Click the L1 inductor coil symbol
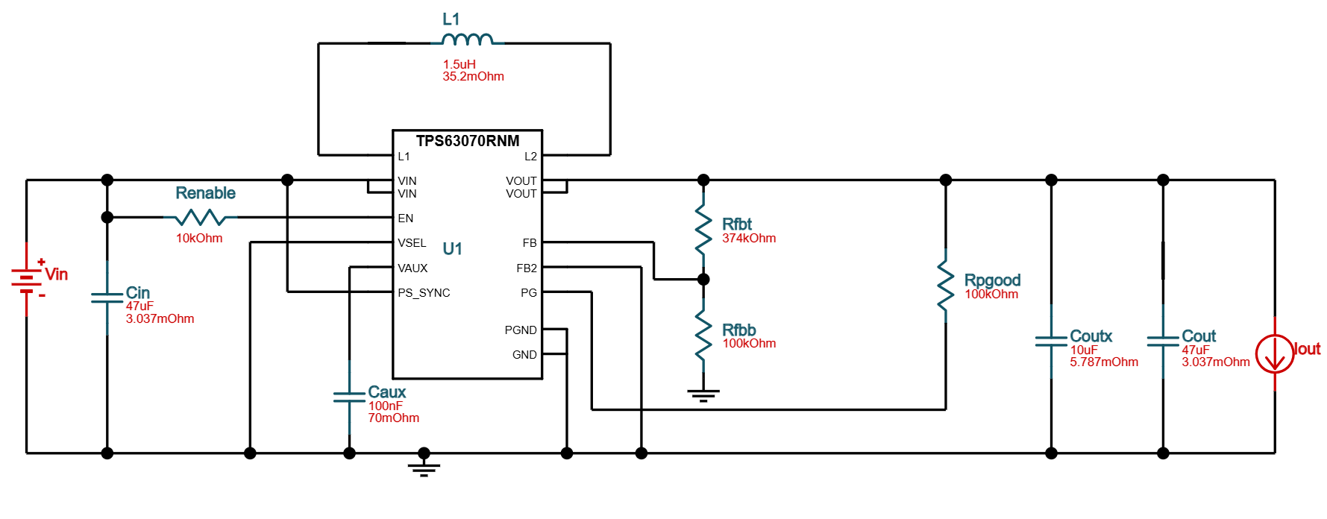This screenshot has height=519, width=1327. tap(468, 40)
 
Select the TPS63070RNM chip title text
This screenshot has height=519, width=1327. tap(468, 141)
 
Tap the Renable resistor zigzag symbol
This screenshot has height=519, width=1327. tap(200, 217)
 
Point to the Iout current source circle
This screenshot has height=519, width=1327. tap(1274, 354)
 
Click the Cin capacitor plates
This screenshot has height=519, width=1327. tap(107, 298)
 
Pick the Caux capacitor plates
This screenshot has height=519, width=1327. tap(349, 397)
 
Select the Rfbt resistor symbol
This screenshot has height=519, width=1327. tap(703, 230)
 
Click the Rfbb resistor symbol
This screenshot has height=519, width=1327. tap(703, 336)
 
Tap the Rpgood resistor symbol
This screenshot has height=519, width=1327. tap(945, 286)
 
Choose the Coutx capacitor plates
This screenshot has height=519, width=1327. tap(1051, 341)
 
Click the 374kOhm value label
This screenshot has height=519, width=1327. tap(749, 239)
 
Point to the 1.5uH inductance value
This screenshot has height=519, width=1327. tap(459, 65)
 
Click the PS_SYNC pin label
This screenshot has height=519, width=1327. tap(424, 293)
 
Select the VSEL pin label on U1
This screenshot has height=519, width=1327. tap(412, 243)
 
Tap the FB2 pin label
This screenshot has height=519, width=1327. tap(526, 268)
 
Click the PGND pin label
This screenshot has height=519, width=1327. tap(520, 330)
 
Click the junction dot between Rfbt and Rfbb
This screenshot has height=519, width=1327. tap(703, 280)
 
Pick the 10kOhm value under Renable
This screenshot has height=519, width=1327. tap(199, 239)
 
